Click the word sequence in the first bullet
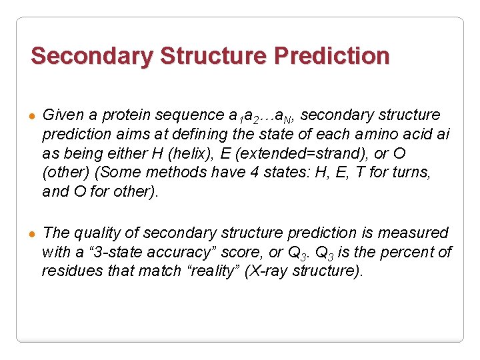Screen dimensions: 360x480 pyautogui.click(x=191, y=115)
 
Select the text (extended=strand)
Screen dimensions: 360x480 pyautogui.click(x=297, y=153)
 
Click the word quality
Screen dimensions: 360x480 pyautogui.click(x=99, y=233)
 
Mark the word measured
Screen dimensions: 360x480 pyautogui.click(x=413, y=233)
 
